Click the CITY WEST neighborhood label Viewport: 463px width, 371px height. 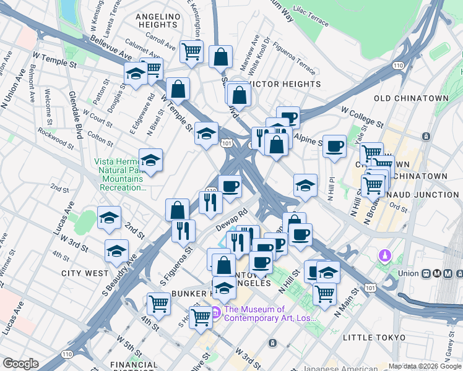click(85, 273)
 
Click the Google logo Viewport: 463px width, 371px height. click(21, 364)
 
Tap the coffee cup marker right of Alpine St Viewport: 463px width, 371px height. click(335, 146)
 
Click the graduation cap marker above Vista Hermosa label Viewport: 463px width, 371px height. click(150, 161)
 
